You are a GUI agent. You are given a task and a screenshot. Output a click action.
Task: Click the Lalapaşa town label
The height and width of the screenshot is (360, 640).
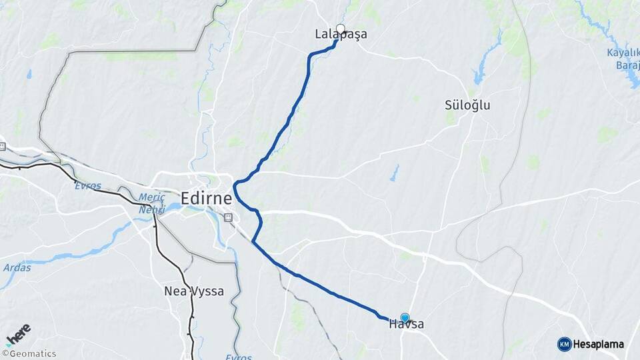[x=341, y=35]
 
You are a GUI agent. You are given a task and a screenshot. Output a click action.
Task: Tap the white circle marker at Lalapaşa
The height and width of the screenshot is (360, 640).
[x=341, y=29]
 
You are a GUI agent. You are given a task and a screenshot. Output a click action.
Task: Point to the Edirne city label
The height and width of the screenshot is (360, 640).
[x=206, y=199]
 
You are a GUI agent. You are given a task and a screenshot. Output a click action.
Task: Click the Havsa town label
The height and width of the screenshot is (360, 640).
[x=406, y=325]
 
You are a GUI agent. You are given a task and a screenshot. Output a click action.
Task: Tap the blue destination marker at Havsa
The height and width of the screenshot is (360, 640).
[x=405, y=318]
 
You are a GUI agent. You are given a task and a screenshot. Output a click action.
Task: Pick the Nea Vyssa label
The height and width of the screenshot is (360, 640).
[x=193, y=291]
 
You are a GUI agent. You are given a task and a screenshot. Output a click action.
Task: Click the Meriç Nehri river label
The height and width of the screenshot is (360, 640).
[x=151, y=203]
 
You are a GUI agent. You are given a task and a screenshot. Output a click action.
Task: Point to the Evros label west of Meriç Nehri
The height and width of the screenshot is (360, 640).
[x=88, y=185]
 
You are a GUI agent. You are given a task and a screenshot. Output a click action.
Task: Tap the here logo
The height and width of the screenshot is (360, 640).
[x=18, y=335]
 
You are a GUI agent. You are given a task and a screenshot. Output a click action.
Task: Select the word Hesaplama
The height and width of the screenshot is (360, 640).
[x=599, y=345]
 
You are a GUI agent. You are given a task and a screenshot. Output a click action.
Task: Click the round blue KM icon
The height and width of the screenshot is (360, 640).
[x=564, y=344]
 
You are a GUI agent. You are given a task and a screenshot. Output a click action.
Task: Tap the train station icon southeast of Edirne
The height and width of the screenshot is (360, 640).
[x=228, y=217]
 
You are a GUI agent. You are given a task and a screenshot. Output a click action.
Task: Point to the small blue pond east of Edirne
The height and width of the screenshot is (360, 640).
[x=395, y=173]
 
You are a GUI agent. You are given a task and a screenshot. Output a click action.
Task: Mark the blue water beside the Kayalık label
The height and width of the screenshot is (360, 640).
[x=630, y=77]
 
